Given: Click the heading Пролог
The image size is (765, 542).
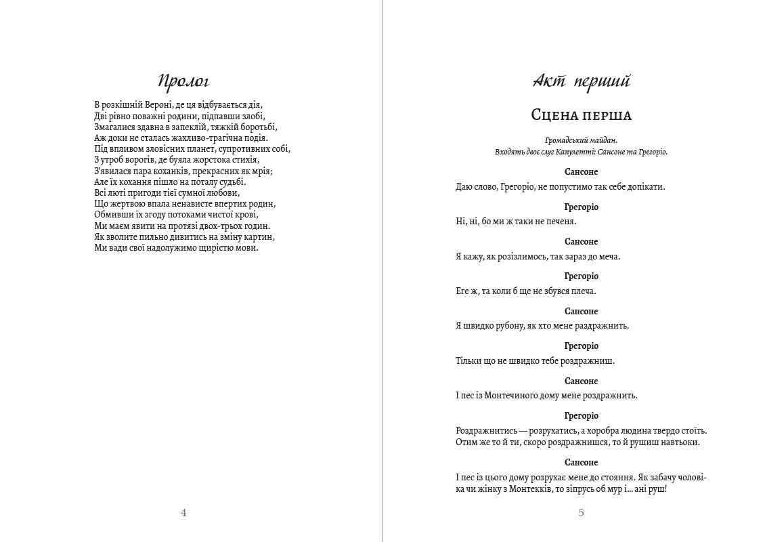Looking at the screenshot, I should point(183,82).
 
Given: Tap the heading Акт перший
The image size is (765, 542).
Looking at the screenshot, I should point(582,82).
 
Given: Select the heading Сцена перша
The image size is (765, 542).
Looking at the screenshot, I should point(582,115).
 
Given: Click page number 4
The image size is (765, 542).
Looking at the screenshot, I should point(183,513).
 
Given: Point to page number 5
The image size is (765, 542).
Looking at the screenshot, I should point(582,513).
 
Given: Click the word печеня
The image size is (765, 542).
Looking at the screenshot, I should point(560,222).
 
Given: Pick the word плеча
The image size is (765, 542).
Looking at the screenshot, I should point(584,291).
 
